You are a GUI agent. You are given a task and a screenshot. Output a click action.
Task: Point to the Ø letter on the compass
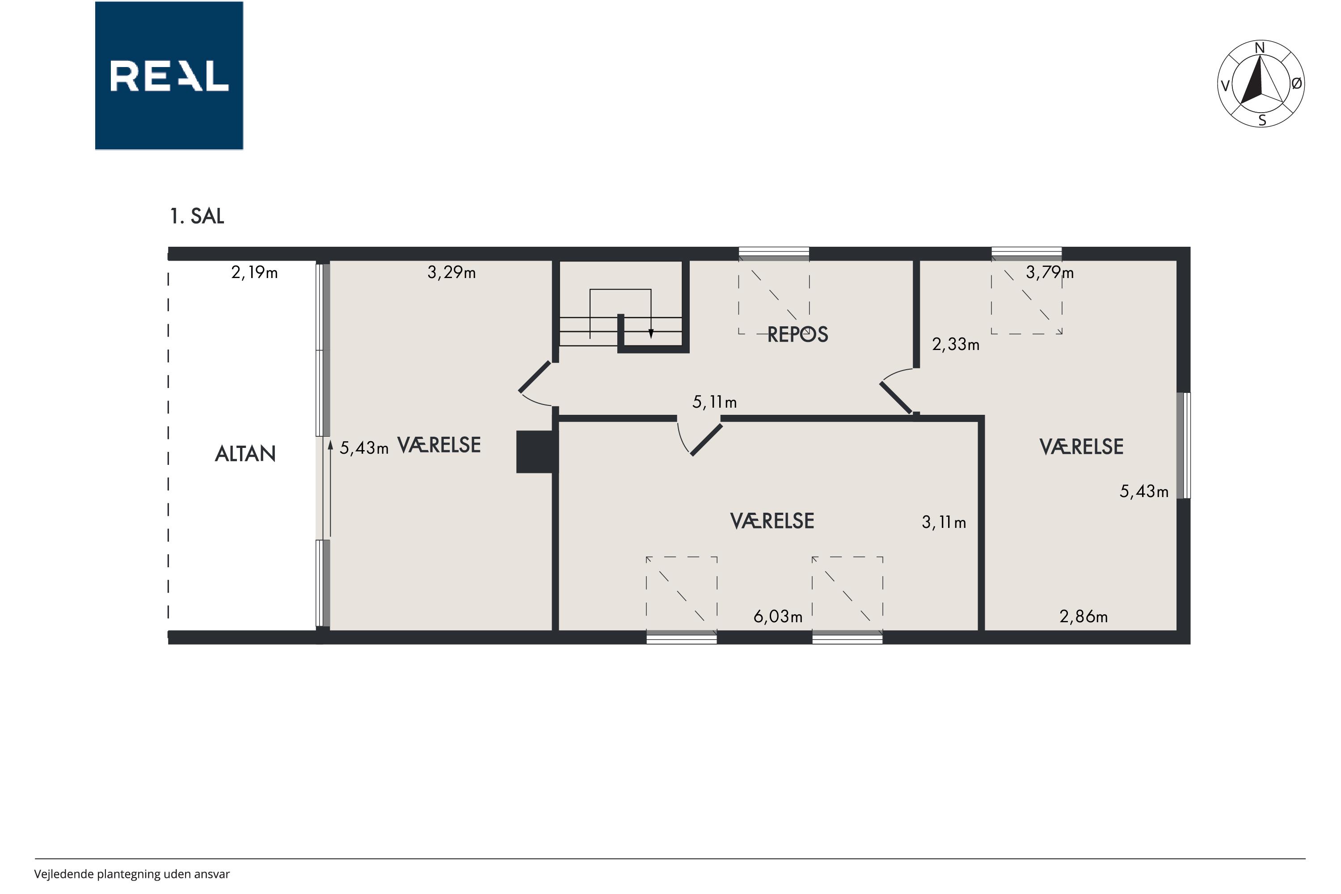point(1297,84)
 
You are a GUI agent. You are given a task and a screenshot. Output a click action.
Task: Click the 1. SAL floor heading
point(197,216)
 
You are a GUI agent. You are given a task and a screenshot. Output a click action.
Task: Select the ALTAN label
point(245,454)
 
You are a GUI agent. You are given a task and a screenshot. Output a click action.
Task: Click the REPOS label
point(797,335)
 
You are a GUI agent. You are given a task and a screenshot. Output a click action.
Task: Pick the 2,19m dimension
point(254,273)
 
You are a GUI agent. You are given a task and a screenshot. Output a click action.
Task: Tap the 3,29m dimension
point(451,273)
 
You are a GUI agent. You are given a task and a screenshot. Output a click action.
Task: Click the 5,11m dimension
point(714,403)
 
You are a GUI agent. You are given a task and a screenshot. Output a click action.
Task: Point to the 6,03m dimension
point(778,616)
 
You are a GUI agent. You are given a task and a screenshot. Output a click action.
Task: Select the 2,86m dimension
point(1083,616)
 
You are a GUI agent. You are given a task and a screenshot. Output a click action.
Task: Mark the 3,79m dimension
point(1050,273)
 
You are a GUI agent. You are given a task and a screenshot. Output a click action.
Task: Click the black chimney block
point(536,451)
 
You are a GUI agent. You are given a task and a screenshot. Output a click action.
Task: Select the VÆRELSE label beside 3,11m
point(772,521)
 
